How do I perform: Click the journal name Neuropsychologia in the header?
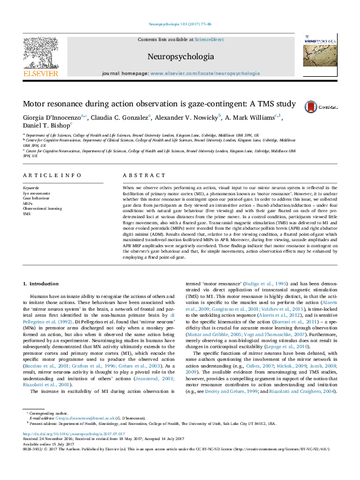[179, 57]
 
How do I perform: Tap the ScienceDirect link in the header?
[209, 39]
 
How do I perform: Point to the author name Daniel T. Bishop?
[46, 126]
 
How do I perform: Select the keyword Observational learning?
[42, 208]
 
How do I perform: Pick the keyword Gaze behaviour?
[36, 198]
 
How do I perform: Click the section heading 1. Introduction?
[45, 283]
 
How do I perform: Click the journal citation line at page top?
[180, 24]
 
